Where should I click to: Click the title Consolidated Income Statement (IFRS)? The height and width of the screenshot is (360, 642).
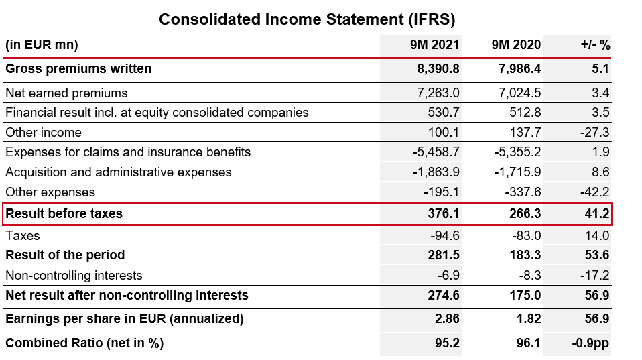(x=307, y=19)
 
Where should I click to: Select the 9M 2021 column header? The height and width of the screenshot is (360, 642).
(x=435, y=46)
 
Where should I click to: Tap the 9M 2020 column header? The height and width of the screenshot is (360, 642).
(x=516, y=46)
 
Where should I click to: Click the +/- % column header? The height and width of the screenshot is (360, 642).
(x=595, y=46)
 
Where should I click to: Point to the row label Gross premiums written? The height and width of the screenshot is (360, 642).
(x=78, y=69)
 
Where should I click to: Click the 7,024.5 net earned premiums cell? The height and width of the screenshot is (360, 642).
(x=520, y=93)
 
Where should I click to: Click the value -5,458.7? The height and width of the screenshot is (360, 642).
(x=435, y=152)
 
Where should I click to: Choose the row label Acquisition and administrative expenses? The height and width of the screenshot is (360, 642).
(x=119, y=172)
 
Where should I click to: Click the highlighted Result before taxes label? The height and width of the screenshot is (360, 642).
(x=64, y=215)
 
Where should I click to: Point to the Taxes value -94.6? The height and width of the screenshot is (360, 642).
(x=444, y=235)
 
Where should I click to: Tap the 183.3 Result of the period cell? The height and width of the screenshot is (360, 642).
(x=525, y=255)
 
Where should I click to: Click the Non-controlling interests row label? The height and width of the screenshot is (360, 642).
(x=74, y=276)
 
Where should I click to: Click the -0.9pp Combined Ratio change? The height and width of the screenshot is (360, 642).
(x=590, y=343)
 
